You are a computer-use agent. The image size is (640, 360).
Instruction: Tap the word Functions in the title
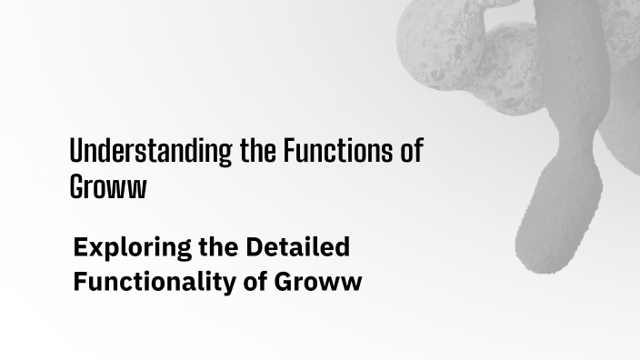(337, 151)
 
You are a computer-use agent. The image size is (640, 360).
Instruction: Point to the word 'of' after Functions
(411, 151)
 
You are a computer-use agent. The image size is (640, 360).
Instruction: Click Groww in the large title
(107, 186)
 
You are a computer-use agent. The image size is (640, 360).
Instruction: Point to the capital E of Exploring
(80, 246)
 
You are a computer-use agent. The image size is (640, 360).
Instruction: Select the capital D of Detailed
(252, 246)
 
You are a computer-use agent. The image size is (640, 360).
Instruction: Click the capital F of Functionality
(80, 282)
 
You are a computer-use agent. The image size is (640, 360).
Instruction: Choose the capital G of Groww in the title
(77, 186)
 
